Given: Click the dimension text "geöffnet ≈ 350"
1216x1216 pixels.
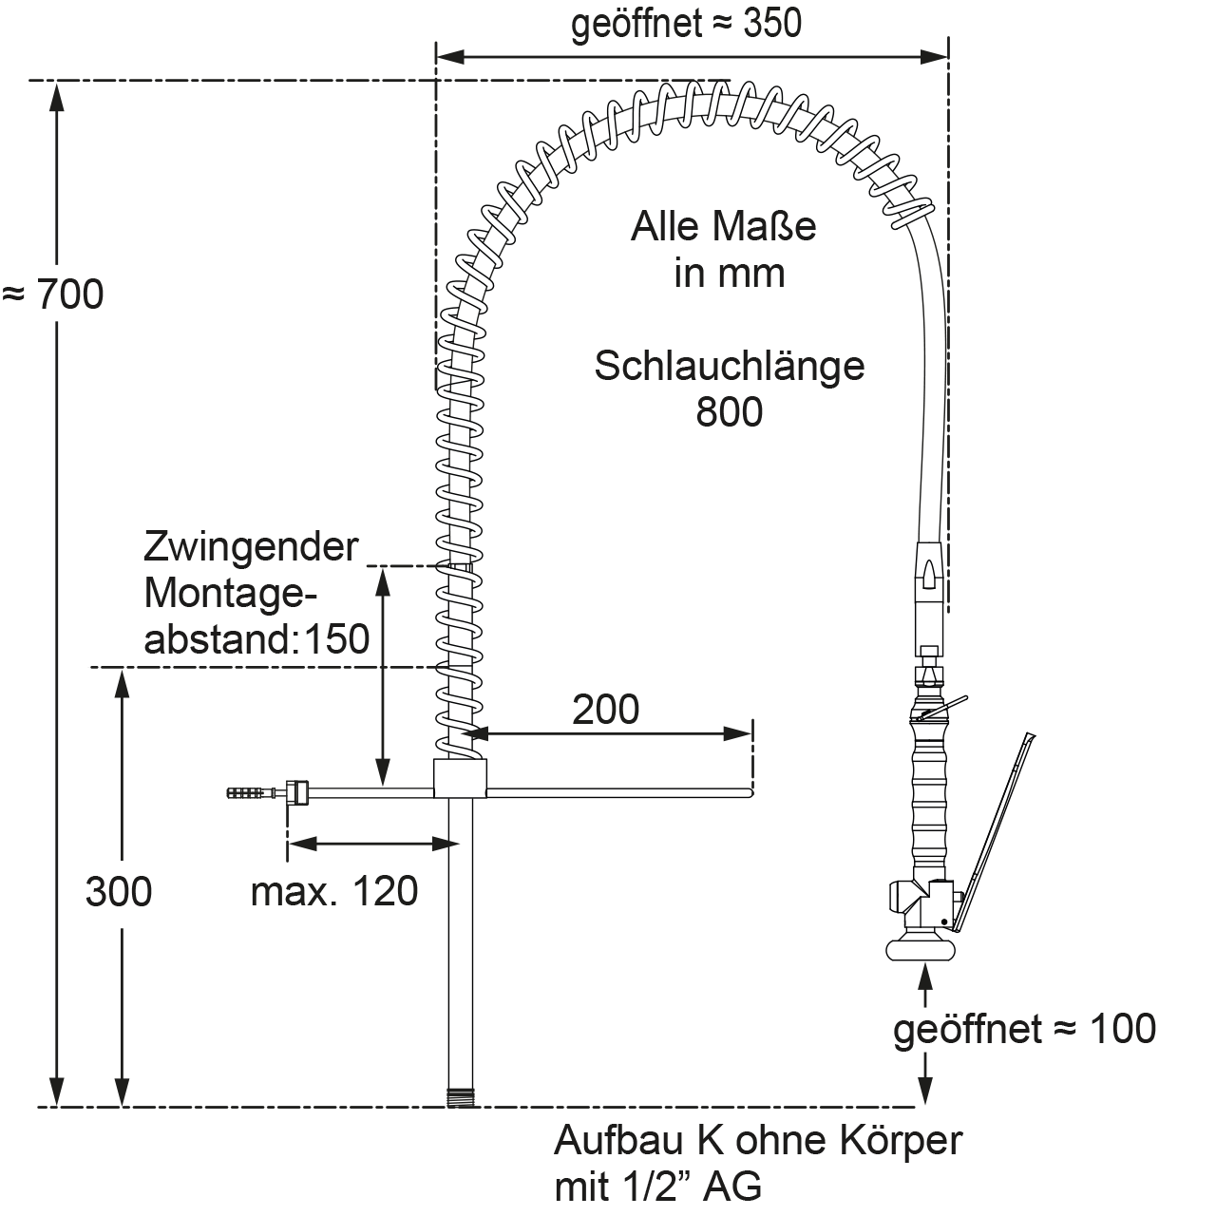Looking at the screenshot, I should pyautogui.click(x=686, y=25).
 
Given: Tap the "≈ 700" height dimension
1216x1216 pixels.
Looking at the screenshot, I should pyautogui.click(x=53, y=295).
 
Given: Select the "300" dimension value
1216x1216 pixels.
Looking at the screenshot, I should pyautogui.click(x=119, y=892).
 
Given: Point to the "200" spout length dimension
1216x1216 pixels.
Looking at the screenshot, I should pyautogui.click(x=605, y=709).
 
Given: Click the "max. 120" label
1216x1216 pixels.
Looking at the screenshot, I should pyautogui.click(x=333, y=892).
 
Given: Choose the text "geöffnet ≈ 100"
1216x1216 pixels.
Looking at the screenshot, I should pyautogui.click(x=1024, y=1029).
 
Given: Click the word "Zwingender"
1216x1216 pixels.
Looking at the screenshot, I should pyautogui.click(x=251, y=547).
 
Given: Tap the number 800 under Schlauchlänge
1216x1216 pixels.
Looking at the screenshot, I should pyautogui.click(x=729, y=412).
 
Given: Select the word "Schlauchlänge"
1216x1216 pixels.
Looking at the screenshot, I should pyautogui.click(x=729, y=366).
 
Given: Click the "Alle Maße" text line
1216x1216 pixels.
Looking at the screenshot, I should pyautogui.click(x=723, y=228).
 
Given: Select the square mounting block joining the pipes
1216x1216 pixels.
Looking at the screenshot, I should pyautogui.click(x=460, y=778).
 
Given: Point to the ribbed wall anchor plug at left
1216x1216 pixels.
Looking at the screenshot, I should pyautogui.click(x=249, y=791).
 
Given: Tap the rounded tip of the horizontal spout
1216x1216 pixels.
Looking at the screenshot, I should pyautogui.click(x=750, y=791).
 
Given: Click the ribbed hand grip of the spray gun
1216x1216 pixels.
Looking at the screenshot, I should pyautogui.click(x=929, y=798).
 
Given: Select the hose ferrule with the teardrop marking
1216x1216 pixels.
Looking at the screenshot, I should pyautogui.click(x=930, y=570).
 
